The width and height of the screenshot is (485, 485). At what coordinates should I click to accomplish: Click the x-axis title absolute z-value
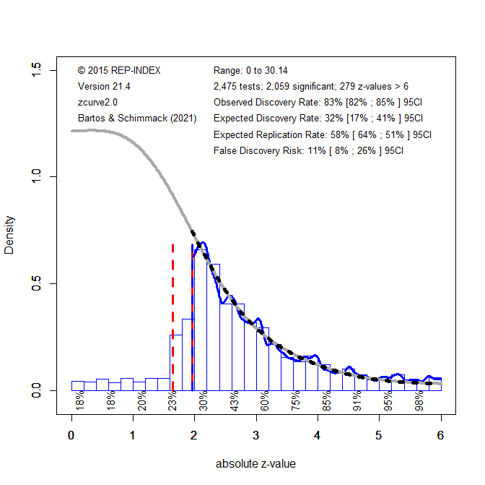(255, 464)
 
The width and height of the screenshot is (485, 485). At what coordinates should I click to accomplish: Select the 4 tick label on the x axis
(318, 435)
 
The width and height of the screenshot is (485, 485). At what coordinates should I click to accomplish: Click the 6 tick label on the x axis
(440, 435)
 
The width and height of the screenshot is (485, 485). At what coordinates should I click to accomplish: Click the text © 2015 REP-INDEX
(119, 71)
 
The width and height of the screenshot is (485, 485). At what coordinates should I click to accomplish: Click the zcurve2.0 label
(97, 103)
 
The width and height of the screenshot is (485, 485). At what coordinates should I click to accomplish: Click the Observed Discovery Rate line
(318, 103)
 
